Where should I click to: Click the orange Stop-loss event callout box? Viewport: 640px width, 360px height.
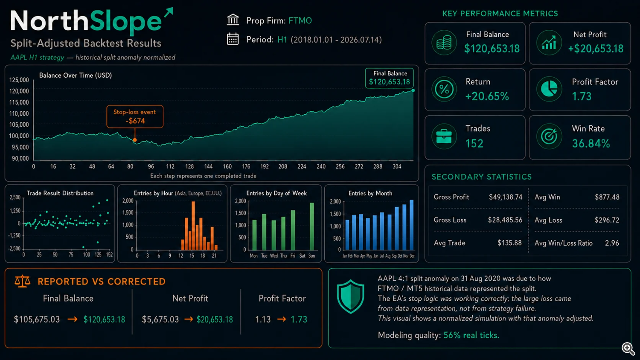(x=135, y=116)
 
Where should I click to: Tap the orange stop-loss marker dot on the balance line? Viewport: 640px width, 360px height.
(x=135, y=140)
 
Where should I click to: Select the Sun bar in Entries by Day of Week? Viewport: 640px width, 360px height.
(x=312, y=226)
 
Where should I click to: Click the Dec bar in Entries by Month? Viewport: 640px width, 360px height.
(x=412, y=225)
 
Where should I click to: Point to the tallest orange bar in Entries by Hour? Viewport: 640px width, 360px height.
(x=193, y=226)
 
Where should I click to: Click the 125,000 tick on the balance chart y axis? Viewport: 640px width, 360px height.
(x=19, y=80)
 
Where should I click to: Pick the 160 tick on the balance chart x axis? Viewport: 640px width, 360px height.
(x=227, y=167)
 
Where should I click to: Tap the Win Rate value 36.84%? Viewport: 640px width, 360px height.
(x=591, y=143)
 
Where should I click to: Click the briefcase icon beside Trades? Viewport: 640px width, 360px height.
(x=444, y=136)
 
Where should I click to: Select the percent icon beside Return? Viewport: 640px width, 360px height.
(x=444, y=90)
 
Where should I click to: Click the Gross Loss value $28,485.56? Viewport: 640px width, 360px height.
(x=505, y=220)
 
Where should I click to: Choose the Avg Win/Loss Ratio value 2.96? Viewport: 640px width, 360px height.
(x=612, y=243)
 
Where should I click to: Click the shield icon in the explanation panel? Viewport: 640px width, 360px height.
(x=351, y=296)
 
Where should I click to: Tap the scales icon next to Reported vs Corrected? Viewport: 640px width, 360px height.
(x=22, y=281)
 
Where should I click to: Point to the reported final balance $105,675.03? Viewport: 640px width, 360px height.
(x=37, y=319)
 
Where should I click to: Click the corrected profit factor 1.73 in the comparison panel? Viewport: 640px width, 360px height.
(x=299, y=319)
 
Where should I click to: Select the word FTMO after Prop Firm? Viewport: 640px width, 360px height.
(x=300, y=21)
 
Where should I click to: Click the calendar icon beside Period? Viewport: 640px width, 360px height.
(x=233, y=39)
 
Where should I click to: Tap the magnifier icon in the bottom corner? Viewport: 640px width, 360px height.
(x=628, y=348)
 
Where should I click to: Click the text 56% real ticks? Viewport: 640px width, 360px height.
(x=471, y=335)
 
